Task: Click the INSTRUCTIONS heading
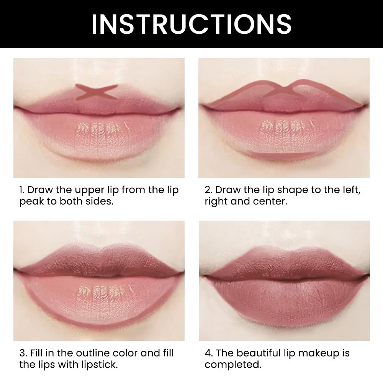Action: (x=191, y=24)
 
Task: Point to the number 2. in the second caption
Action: (x=208, y=190)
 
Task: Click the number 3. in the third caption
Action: (x=23, y=353)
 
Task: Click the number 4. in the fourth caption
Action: (x=209, y=353)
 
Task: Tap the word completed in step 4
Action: (x=233, y=364)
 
